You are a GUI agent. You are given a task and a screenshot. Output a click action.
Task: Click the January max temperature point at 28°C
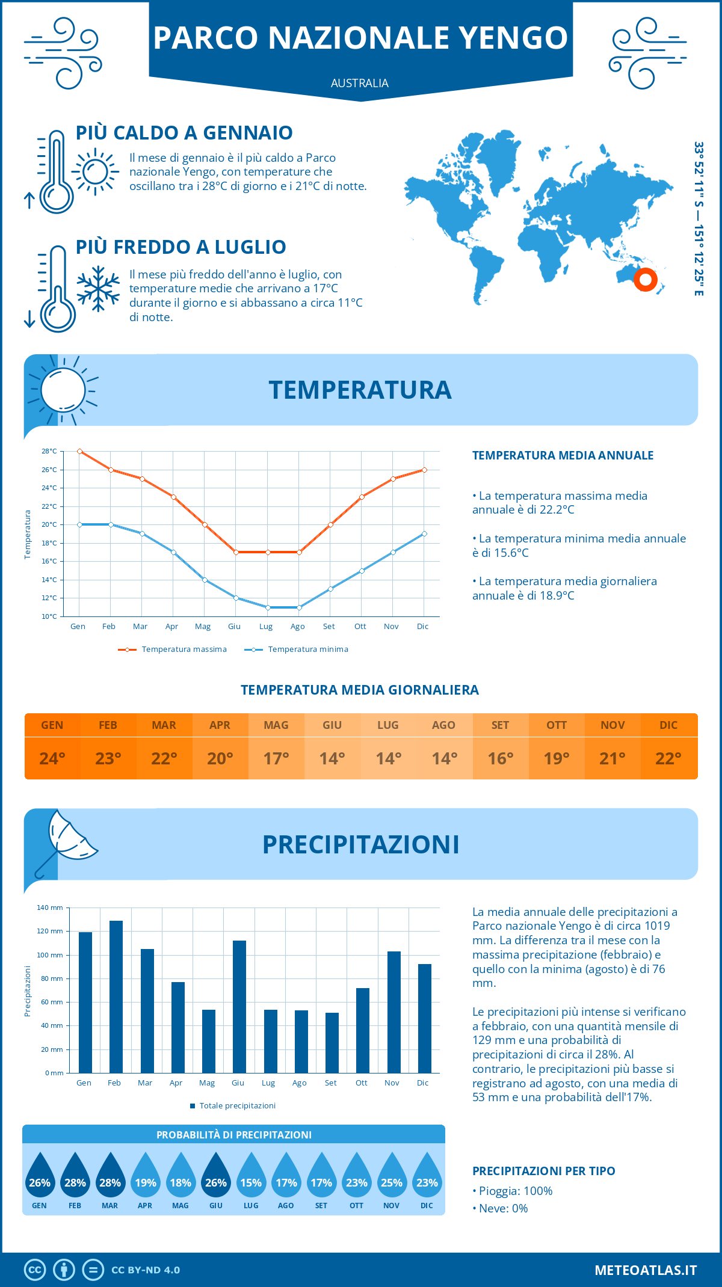point(79,451)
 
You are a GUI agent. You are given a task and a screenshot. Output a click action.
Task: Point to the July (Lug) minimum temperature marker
point(268,607)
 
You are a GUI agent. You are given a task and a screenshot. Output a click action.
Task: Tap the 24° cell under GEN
point(52,758)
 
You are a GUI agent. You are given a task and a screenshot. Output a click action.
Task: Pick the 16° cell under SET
point(501,758)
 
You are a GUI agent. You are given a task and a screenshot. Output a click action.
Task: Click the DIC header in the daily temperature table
point(668,725)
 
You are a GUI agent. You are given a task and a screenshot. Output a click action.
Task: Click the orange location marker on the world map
point(646,280)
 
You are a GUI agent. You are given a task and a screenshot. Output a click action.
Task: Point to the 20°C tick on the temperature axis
point(49,524)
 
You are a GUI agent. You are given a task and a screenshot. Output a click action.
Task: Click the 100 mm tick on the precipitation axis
point(50,955)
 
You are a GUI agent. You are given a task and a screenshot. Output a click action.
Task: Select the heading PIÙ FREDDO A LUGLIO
point(180,247)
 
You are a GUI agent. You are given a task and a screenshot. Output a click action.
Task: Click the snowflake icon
point(98,289)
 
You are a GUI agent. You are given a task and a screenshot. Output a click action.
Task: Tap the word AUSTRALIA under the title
point(360,83)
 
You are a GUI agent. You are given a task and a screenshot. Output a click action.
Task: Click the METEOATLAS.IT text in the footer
point(646,1270)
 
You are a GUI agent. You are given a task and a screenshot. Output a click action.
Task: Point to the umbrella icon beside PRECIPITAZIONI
point(66,842)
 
